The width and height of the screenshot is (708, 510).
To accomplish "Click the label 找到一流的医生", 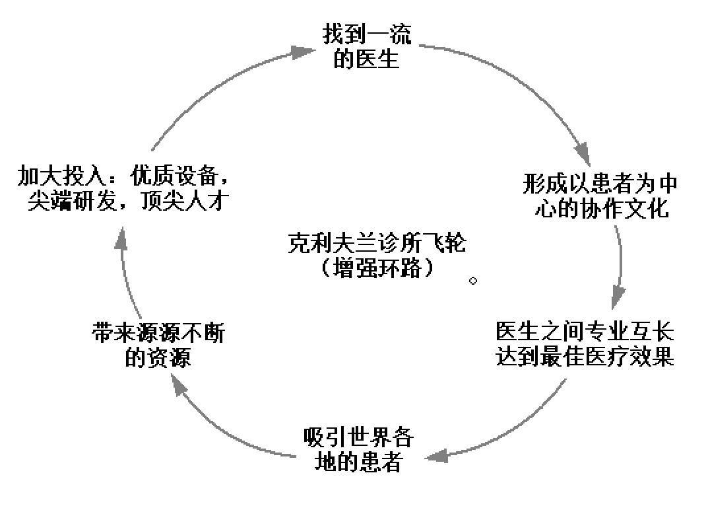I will click(x=367, y=47).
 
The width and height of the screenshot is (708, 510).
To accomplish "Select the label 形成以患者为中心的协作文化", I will click(x=600, y=196).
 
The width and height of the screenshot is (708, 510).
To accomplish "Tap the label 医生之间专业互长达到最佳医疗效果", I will click(x=585, y=344).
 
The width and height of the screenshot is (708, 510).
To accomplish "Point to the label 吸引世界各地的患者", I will click(x=359, y=450).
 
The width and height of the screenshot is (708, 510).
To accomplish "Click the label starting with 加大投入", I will click(x=124, y=189).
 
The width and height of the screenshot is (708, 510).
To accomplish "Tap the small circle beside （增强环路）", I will click(x=473, y=281).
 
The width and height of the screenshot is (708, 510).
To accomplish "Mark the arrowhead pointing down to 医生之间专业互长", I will click(x=618, y=295).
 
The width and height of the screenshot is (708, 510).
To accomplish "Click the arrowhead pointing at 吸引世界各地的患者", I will click(x=437, y=456).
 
